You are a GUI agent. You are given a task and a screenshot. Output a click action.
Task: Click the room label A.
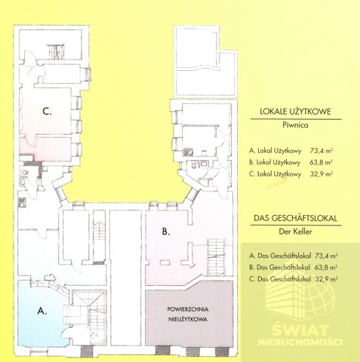(42, 311)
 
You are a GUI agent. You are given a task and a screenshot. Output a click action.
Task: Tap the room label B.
(166, 232)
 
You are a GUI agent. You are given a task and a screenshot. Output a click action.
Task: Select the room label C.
(47, 111)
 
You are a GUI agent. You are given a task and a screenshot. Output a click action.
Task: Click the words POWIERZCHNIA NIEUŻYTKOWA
(188, 314)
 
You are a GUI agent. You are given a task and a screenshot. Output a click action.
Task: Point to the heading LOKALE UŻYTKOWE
(295, 112)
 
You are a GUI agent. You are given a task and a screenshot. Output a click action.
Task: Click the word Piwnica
(295, 125)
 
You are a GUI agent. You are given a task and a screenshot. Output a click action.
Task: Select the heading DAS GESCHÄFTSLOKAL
(295, 218)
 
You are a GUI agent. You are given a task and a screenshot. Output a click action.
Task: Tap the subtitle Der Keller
(295, 232)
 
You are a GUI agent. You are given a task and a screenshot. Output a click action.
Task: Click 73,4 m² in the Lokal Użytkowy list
(322, 151)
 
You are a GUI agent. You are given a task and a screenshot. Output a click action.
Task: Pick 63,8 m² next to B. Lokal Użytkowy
(321, 162)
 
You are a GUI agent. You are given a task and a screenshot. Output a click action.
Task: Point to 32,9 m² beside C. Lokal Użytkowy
(322, 174)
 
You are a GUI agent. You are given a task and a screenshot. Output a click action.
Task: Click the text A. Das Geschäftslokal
(280, 256)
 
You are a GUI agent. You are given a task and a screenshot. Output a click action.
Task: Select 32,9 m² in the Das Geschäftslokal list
(326, 279)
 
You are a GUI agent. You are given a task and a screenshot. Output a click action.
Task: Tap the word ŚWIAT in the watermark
(300, 330)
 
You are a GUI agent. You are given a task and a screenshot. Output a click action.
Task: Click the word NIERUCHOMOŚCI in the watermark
(300, 342)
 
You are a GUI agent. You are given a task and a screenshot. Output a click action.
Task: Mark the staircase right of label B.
(216, 256)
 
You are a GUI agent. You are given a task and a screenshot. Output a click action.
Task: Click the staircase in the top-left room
(56, 52)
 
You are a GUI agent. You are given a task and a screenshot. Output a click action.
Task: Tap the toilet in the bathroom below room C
(26, 173)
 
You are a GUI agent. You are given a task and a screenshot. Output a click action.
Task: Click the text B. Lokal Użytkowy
(275, 162)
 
